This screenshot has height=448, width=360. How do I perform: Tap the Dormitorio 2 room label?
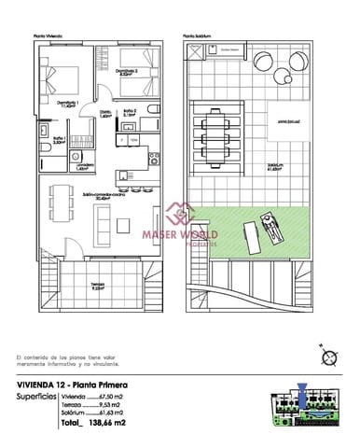click(x=128, y=71)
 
